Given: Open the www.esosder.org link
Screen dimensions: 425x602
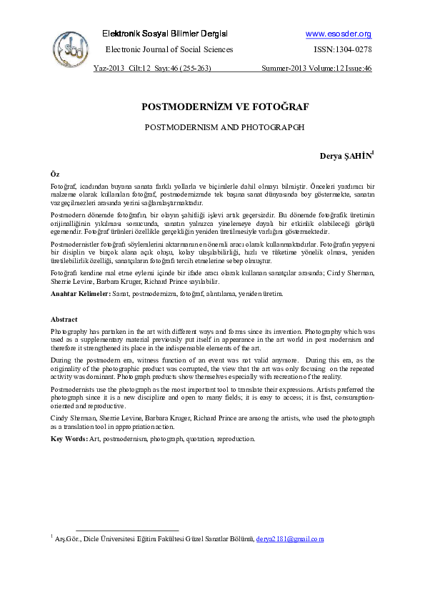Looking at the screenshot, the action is (339, 34).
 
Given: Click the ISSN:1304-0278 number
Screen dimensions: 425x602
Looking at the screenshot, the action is (343, 49).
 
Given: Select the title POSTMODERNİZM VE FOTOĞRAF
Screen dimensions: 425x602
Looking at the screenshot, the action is (225, 107).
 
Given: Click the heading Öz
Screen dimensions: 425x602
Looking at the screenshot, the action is (54, 174).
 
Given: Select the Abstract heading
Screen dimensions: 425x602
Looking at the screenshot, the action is (64, 319).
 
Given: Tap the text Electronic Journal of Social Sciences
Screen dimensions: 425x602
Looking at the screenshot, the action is (169, 49).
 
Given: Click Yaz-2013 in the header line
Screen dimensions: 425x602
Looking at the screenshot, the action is (109, 69).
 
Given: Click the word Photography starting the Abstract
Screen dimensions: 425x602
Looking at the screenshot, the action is (70, 332).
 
